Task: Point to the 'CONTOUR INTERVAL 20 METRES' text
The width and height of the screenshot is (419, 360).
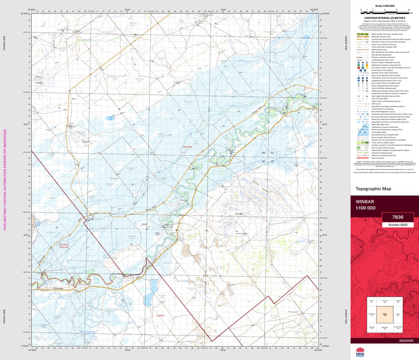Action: [x=384, y=18]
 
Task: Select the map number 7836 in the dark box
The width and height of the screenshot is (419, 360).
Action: [x=397, y=217]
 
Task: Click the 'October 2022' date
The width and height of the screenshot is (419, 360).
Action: [x=397, y=225]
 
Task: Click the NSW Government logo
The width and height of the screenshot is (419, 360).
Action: [x=360, y=351]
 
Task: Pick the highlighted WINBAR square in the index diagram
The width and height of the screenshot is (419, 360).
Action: [x=384, y=314]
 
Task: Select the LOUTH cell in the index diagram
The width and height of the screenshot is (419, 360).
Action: [x=398, y=314]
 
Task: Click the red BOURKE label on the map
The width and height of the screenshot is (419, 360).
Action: [x=187, y=147]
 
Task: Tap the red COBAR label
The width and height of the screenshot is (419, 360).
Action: [x=160, y=316]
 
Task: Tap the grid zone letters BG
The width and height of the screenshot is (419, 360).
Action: [x=263, y=153]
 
